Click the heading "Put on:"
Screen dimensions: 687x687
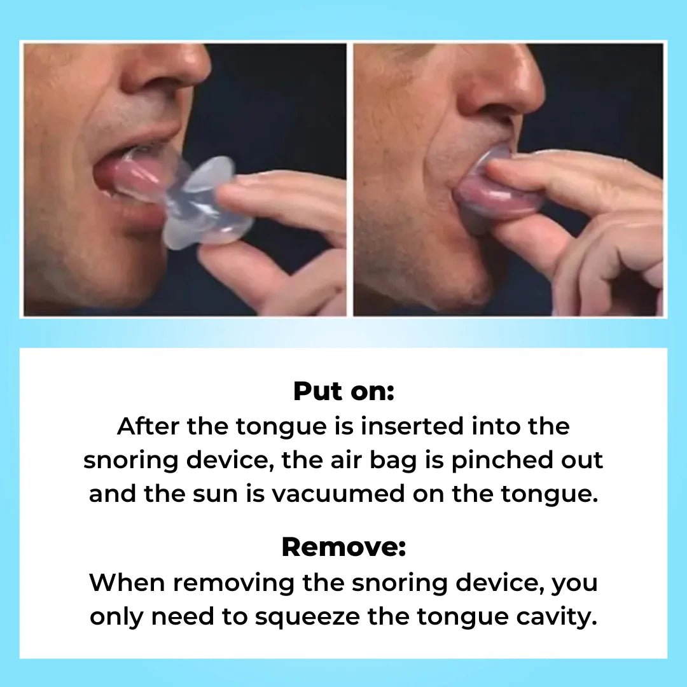343,391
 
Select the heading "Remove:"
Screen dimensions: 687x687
343,547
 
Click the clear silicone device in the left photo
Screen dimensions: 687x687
204,204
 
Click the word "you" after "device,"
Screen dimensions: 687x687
574,583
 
